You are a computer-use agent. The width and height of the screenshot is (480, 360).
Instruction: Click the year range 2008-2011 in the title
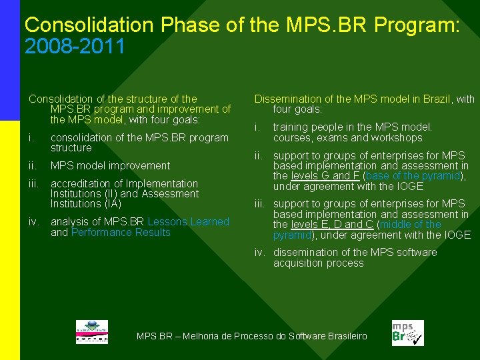(75, 47)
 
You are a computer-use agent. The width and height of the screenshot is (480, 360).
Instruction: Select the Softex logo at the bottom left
(91, 331)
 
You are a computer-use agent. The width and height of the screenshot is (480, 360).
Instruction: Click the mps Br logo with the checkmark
(407, 332)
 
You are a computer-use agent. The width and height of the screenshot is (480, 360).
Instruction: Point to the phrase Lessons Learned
(188, 221)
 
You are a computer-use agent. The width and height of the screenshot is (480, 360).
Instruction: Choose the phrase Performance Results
(121, 232)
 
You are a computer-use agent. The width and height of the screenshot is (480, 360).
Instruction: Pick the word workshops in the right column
(397, 138)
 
